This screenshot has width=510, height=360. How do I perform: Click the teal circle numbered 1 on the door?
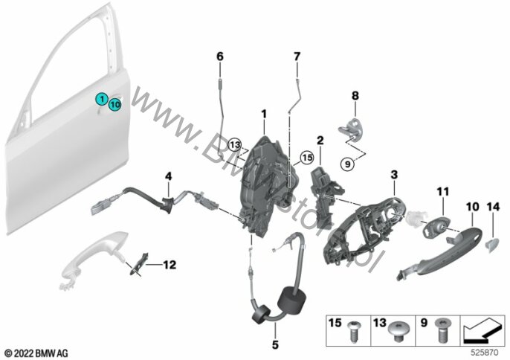click(100, 98)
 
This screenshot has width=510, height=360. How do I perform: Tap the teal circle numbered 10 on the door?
click(114, 106)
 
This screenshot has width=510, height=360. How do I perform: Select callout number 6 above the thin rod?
click(219, 57)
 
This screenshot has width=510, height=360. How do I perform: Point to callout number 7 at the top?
click(297, 57)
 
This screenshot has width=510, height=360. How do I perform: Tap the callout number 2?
click(320, 140)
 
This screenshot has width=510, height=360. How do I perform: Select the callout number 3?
click(394, 175)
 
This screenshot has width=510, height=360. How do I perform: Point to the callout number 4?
click(168, 176)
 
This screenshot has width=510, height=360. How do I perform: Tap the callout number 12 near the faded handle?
click(170, 263)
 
